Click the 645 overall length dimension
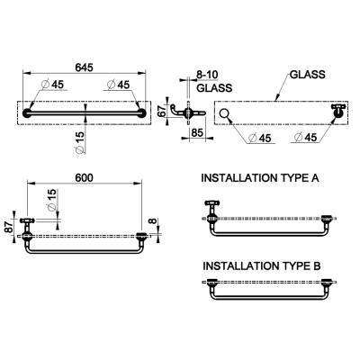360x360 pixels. pyautogui.click(x=84, y=67)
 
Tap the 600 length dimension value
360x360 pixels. pyautogui.click(x=84, y=178)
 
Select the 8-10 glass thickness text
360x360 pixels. pyautogui.click(x=207, y=75)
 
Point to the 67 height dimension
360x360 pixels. pyautogui.click(x=161, y=111)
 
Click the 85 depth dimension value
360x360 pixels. pyautogui.click(x=197, y=132)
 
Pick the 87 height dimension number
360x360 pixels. pyautogui.click(x=8, y=226)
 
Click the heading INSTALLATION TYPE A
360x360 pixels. pyautogui.click(x=260, y=178)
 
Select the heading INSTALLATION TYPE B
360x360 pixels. pyautogui.click(x=262, y=266)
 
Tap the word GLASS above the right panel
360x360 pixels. pyautogui.click(x=308, y=75)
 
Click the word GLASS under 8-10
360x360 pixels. pyautogui.click(x=214, y=88)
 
